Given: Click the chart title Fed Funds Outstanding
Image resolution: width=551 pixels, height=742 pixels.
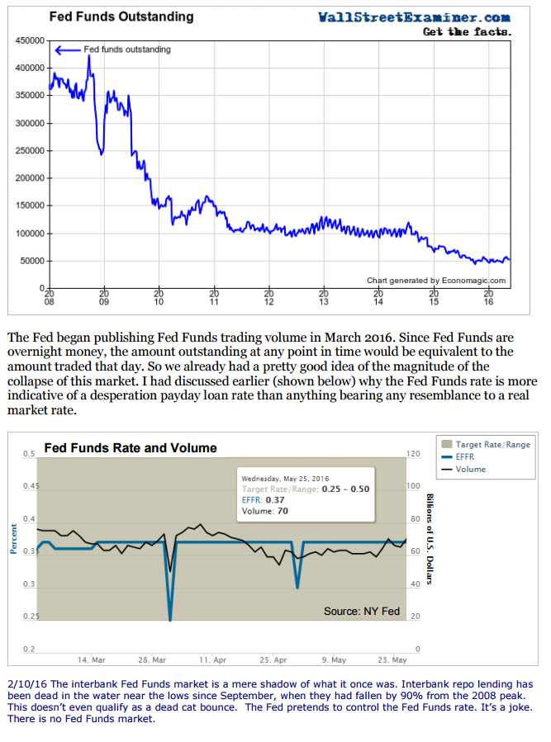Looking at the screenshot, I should click(x=121, y=17).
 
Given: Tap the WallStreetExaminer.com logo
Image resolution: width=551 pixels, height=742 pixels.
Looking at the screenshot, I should click(x=414, y=17).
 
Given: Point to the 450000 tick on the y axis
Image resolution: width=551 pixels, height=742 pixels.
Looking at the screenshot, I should click(x=31, y=40).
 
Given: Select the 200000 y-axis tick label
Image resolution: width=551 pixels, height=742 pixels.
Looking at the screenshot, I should click(x=31, y=178).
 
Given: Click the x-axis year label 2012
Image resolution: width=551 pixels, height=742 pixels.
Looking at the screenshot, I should click(x=268, y=297).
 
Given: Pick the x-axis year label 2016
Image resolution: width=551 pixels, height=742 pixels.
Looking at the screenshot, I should click(x=489, y=297).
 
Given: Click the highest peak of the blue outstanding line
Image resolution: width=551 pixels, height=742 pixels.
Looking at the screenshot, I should click(x=89, y=56).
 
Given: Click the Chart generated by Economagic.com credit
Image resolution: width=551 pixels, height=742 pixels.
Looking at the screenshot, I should click(x=435, y=281).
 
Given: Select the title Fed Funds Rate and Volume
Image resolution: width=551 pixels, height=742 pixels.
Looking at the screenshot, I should click(x=131, y=448).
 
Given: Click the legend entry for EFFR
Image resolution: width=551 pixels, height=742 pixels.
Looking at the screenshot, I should click(x=465, y=456).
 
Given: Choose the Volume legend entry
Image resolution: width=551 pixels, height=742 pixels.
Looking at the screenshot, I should click(x=470, y=469).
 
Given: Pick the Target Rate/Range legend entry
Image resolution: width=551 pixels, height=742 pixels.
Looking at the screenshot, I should click(x=492, y=444).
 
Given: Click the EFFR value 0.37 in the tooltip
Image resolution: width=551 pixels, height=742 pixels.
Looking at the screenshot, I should click(x=277, y=499).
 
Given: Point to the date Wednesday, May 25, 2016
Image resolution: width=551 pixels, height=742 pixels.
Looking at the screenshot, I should click(x=284, y=478).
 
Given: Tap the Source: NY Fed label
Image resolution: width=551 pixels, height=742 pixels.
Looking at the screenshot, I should click(x=362, y=612).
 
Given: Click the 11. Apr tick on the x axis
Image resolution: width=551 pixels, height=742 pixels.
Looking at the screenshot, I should click(x=213, y=660).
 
